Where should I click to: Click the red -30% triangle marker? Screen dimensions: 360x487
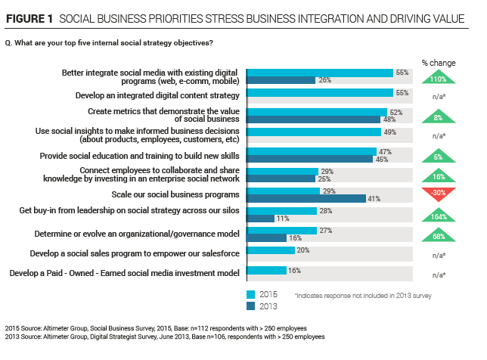point(439,194)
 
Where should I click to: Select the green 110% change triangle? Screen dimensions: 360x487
point(439,76)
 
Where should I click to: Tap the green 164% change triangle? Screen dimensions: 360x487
point(439,214)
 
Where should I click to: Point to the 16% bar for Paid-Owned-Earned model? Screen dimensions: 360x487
point(267,270)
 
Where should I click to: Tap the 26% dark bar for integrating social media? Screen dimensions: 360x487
point(281,80)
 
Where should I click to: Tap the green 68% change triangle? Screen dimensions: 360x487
point(439,234)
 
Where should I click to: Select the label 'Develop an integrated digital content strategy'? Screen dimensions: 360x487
point(157,95)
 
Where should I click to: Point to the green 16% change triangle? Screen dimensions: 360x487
point(439,175)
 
